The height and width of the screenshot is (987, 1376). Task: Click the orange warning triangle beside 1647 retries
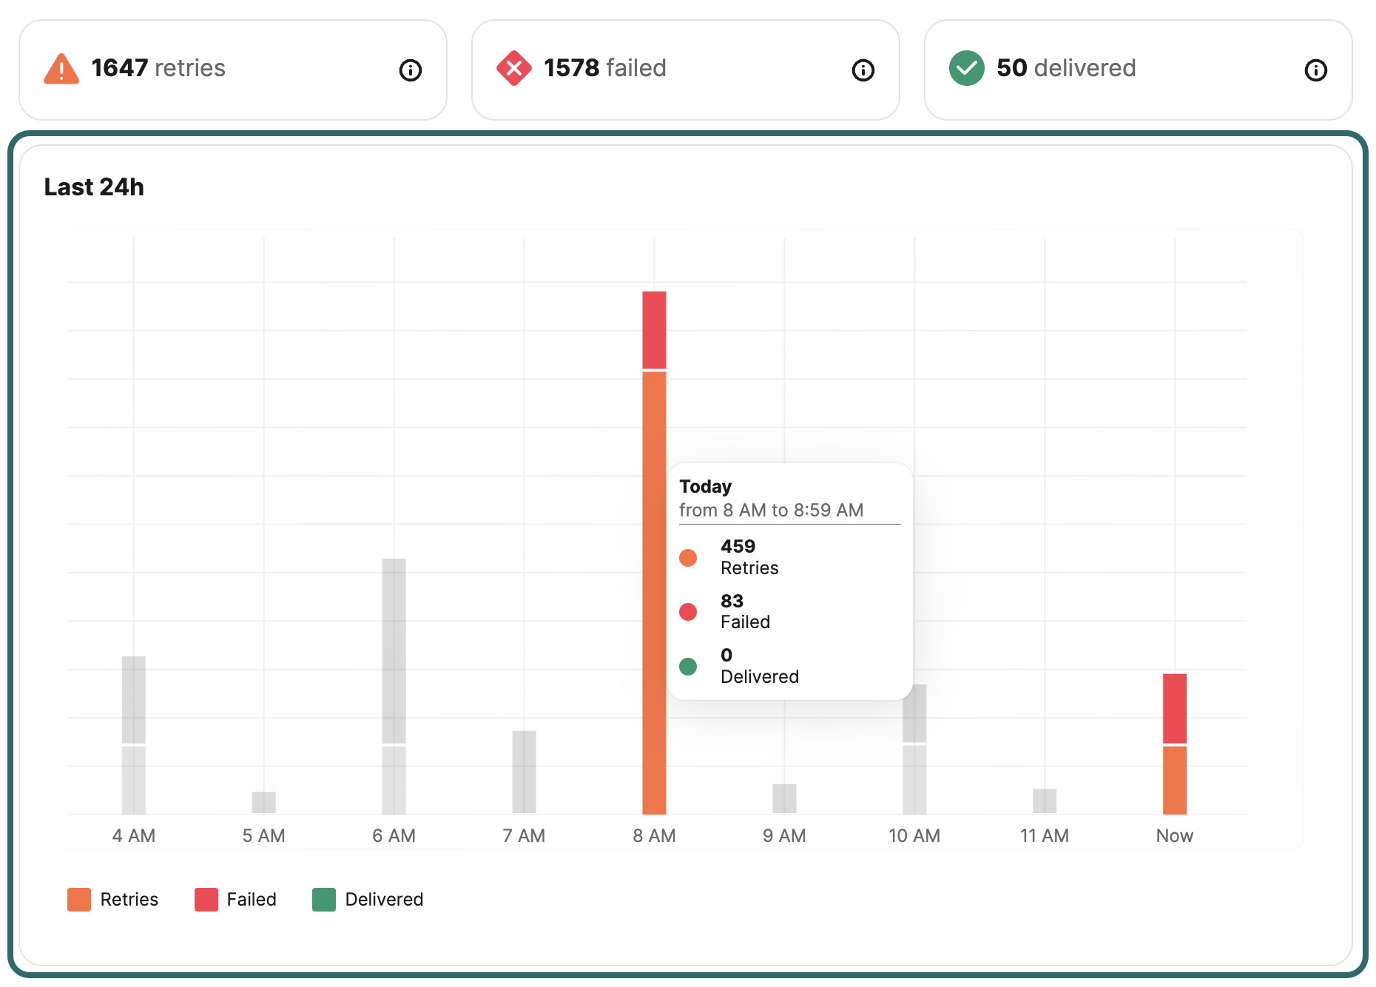click(x=61, y=70)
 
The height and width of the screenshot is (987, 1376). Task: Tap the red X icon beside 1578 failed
click(x=513, y=69)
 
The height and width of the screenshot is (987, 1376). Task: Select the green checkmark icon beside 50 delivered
click(x=966, y=69)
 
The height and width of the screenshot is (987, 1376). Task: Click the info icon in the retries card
click(x=411, y=70)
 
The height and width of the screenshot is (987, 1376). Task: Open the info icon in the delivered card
click(x=1315, y=70)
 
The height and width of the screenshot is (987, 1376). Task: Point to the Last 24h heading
click(x=94, y=187)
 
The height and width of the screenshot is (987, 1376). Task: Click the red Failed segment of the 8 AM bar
click(x=654, y=330)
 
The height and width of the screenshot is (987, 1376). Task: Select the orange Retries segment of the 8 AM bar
click(x=654, y=592)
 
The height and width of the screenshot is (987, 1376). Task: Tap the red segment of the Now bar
click(x=1174, y=708)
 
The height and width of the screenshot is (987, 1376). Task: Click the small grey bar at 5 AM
click(x=263, y=802)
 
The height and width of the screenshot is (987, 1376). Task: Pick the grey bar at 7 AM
click(x=524, y=772)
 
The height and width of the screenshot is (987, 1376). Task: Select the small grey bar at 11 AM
click(x=1044, y=801)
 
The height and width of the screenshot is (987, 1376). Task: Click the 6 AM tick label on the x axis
click(x=394, y=835)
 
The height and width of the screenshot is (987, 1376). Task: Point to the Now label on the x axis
click(x=1174, y=835)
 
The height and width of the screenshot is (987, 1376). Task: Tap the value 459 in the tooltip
click(x=738, y=547)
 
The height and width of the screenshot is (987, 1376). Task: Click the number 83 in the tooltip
click(x=732, y=601)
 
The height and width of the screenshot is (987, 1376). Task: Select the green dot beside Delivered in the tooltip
click(x=688, y=667)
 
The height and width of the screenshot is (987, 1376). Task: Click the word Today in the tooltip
click(x=705, y=487)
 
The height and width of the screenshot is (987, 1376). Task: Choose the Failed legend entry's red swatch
click(x=206, y=900)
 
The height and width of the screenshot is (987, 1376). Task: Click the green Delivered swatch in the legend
click(x=324, y=900)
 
